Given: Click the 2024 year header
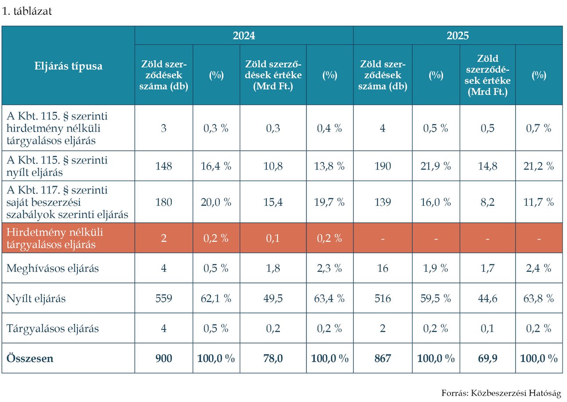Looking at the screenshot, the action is tap(244, 36).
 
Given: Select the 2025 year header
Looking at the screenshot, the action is tap(458, 36).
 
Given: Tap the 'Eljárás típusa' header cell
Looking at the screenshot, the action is tap(68, 66).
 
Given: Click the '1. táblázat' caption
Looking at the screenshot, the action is tap(27, 11).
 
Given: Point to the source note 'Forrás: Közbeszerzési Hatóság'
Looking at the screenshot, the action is tap(501, 393).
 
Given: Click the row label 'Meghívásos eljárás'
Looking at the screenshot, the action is tap(52, 268).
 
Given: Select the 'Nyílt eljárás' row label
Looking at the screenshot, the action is tap(36, 298).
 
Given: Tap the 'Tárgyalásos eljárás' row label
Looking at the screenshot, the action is tap(52, 329).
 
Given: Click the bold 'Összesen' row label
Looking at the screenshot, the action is tap(30, 358).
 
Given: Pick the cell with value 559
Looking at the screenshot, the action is tap(164, 298).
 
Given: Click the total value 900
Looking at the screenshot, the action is tap(164, 358).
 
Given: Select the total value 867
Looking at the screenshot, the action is tap(383, 358).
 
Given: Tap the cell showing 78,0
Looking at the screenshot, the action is tap(273, 358).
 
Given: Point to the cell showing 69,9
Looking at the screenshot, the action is tap(488, 358).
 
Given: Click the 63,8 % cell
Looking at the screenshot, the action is tap(539, 298).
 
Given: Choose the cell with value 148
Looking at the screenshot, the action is tap(164, 166).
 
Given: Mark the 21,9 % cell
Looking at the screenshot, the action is tap(435, 166).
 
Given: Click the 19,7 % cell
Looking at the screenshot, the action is tap(329, 202).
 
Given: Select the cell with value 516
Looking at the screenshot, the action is tap(383, 298).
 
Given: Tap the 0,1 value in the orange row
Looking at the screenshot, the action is tap(273, 238).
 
